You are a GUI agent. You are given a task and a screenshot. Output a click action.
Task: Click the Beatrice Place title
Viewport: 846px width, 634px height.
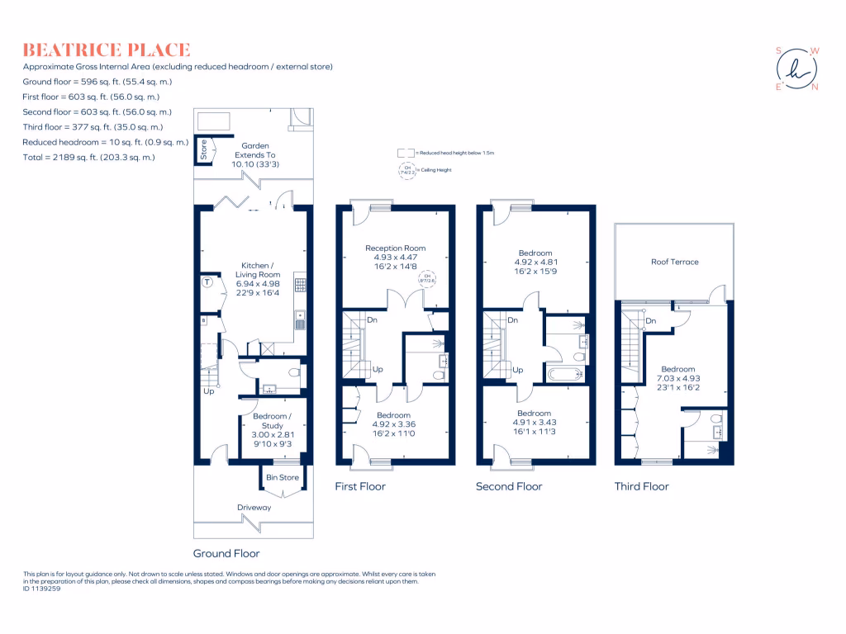click(107, 50)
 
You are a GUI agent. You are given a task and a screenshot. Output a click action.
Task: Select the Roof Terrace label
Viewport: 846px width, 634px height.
click(673, 262)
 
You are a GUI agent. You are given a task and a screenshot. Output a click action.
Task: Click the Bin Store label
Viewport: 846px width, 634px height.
click(282, 477)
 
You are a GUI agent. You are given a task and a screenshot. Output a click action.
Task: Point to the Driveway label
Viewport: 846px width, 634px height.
click(254, 508)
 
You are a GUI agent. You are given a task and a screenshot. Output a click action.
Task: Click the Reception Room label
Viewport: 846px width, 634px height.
click(396, 248)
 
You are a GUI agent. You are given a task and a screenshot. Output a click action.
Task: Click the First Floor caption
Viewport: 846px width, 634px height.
click(359, 486)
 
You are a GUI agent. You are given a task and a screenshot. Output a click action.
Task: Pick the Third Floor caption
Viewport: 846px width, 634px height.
click(641, 486)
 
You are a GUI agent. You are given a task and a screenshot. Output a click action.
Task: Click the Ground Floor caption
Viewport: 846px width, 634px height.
click(226, 554)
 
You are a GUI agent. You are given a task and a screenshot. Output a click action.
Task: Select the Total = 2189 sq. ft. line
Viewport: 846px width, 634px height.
click(88, 157)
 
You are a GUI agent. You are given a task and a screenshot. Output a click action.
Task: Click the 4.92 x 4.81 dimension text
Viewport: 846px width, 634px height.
click(535, 263)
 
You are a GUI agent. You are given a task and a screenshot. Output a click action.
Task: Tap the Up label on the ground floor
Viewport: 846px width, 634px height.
click(208, 391)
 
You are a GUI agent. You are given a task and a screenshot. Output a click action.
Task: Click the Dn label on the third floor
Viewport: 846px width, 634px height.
click(651, 320)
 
